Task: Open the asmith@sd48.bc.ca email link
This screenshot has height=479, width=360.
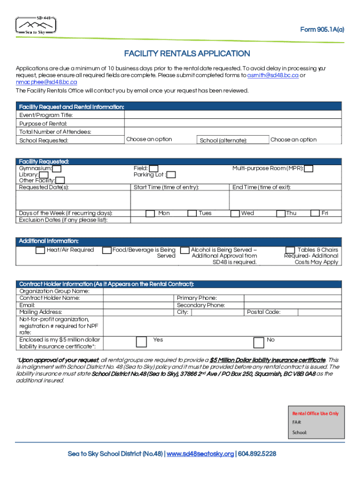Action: point(273,75)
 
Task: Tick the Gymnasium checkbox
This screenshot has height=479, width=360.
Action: point(57,168)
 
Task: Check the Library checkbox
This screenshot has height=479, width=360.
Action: point(43,175)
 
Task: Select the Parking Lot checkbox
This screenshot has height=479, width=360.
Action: point(171,175)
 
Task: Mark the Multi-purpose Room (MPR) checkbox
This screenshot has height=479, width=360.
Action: point(309,168)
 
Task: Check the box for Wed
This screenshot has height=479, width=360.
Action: point(235,213)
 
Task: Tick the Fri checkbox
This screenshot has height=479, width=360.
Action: point(316,213)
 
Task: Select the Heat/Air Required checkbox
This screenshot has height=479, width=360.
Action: point(41,250)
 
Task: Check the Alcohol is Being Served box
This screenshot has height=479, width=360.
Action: point(185,250)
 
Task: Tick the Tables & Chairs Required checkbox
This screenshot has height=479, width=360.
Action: point(290,250)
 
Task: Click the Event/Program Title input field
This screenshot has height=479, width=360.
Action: point(234,115)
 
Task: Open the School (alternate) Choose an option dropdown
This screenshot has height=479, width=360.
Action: point(306,140)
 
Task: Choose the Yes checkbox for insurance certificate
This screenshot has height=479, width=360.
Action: point(141,342)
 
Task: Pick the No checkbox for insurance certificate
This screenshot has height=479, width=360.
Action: point(259,342)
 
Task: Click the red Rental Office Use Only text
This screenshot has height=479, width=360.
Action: point(315,414)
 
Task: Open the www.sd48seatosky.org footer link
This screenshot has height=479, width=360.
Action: point(200,454)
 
